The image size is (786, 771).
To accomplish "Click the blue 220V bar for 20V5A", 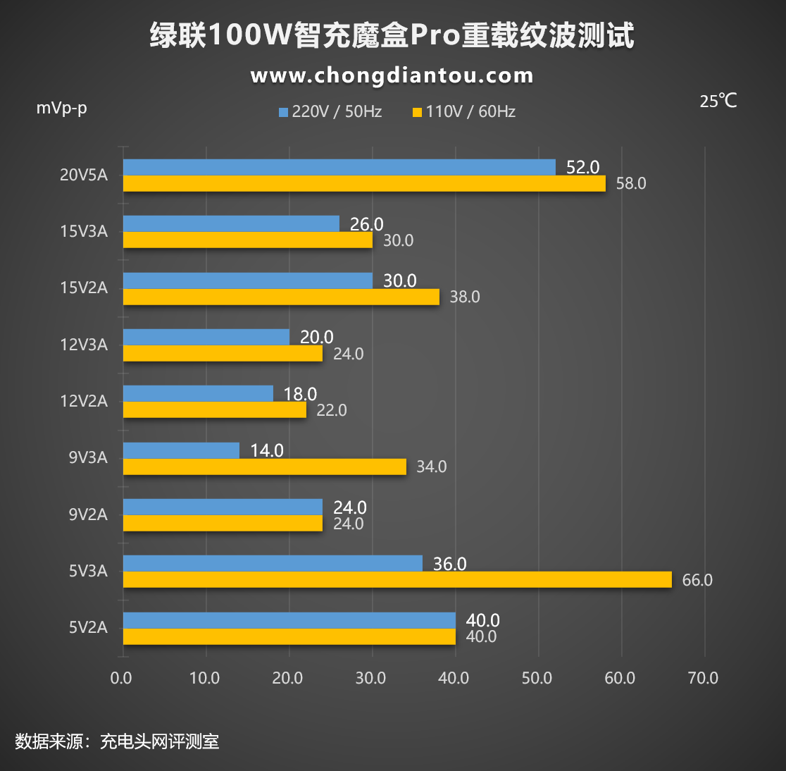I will pos(339,167).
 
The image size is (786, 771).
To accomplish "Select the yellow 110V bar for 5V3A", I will pos(397,579).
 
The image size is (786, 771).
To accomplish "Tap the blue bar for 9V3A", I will pos(181,450).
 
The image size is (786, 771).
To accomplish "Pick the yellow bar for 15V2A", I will pos(281,297).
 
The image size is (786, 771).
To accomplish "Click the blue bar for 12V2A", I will pos(198,393).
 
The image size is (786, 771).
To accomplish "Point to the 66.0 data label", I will pos(697,580).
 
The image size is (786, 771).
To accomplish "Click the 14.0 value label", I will pos(267,450).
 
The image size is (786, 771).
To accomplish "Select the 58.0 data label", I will pos(630,183).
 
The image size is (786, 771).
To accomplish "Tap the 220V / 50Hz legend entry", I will pos(330,111).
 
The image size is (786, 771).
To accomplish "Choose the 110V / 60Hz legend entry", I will pos(464,111).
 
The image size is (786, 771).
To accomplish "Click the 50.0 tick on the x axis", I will pos(537,678).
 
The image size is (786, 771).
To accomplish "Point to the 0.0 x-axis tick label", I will pos(121,678).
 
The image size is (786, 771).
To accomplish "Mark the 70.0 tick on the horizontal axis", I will pos(703,678).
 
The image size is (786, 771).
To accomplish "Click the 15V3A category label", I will pos(84,231).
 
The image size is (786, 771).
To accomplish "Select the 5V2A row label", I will pos(88,627).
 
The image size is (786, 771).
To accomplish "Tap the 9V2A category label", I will pos(88,514).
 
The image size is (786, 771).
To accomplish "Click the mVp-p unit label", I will pos(62,108).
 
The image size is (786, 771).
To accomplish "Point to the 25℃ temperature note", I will pos(718,101).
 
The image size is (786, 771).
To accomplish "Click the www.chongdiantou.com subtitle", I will pos(392,75).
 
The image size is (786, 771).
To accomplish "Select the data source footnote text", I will pos(117,741).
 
